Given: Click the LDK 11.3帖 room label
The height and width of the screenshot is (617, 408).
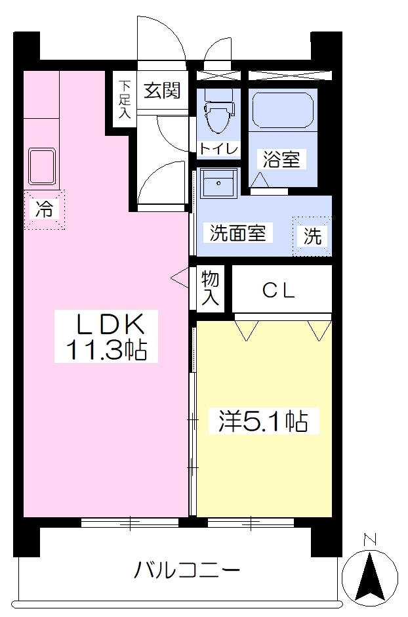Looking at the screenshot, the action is (x=106, y=337).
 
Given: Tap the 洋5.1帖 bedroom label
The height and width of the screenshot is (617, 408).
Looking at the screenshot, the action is (x=263, y=421).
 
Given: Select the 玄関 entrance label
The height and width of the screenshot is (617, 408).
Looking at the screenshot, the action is (x=162, y=91).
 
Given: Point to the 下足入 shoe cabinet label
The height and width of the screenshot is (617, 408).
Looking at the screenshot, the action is (x=125, y=99).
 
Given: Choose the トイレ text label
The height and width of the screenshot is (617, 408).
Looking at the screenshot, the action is (x=218, y=149).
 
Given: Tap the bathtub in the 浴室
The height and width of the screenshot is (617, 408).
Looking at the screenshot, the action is (x=283, y=110).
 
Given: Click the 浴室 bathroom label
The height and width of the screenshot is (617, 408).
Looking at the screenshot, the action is (x=281, y=159).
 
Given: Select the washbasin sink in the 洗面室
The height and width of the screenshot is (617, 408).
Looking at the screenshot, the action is (x=218, y=183).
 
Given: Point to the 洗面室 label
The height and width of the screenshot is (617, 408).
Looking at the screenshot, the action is (x=237, y=233).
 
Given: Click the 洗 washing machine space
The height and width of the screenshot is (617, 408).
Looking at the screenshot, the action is (x=312, y=236).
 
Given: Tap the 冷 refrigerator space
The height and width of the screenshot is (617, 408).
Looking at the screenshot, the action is (x=44, y=209).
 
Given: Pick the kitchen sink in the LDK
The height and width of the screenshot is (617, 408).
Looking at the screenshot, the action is (x=42, y=167).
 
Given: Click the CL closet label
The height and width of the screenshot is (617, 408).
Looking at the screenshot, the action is (x=278, y=291).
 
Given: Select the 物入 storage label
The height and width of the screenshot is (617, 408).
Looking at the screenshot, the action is (x=210, y=288).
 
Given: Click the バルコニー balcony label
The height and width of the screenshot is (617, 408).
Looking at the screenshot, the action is (x=187, y=570).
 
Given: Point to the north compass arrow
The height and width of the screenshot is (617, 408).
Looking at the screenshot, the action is (x=370, y=578).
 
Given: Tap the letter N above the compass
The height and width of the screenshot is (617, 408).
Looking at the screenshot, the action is (x=370, y=540).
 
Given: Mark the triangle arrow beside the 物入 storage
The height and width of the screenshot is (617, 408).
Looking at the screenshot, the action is (x=180, y=278).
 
